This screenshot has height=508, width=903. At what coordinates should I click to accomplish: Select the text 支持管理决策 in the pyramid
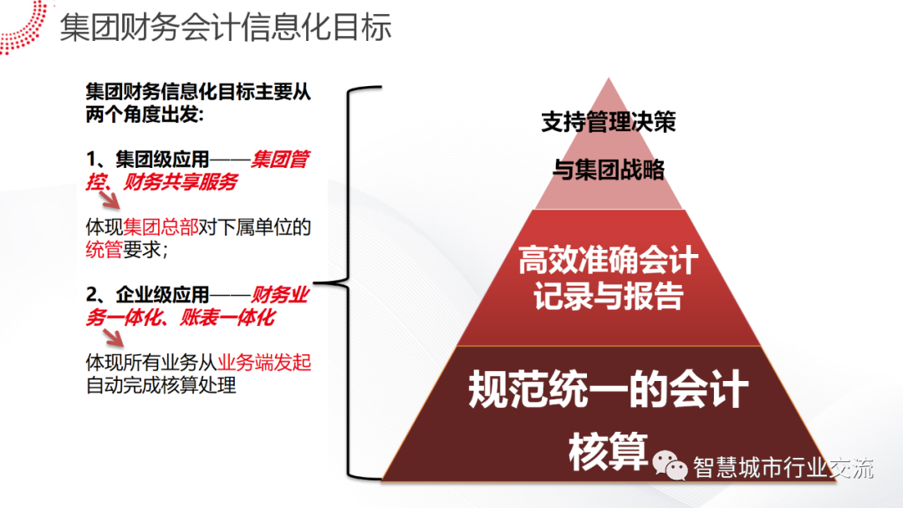pyautogui.click(x=608, y=123)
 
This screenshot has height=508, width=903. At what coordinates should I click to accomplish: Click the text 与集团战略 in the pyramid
pyautogui.click(x=608, y=170)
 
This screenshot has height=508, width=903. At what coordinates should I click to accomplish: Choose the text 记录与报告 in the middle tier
pyautogui.click(x=608, y=297)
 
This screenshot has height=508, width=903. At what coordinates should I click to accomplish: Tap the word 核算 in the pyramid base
pyautogui.click(x=608, y=452)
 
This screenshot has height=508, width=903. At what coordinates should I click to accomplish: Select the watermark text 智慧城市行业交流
pyautogui.click(x=783, y=468)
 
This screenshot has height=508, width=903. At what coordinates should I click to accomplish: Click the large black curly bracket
pyautogui.click(x=355, y=283)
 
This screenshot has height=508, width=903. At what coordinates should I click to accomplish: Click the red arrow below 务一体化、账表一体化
pyautogui.click(x=112, y=336)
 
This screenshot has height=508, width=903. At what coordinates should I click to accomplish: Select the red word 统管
pyautogui.click(x=104, y=249)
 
